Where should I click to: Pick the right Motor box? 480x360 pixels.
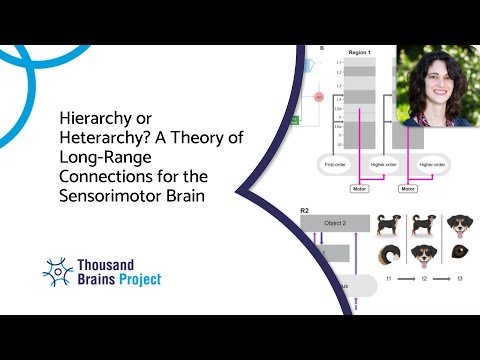409,188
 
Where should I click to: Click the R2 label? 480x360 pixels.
305,211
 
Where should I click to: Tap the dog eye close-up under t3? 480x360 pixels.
458,256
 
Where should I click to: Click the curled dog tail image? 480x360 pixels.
391,257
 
